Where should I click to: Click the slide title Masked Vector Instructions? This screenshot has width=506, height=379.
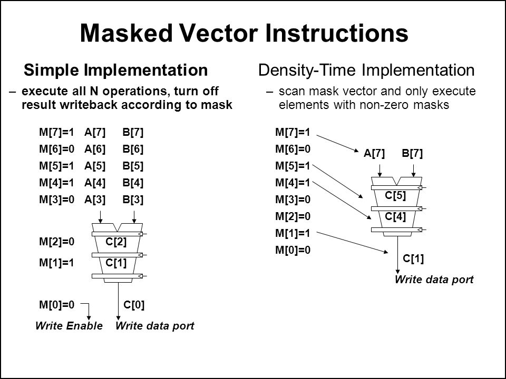[x=244, y=33]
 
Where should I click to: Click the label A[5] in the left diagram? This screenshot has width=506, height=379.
[x=95, y=166]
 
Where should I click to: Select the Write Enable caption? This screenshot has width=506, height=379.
[x=69, y=326]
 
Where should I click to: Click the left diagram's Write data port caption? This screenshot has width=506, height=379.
[x=155, y=326]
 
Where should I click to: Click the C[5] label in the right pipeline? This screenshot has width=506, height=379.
[x=395, y=196]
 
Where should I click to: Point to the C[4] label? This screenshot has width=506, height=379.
[x=395, y=216]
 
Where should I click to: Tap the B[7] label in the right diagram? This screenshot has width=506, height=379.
[x=412, y=154]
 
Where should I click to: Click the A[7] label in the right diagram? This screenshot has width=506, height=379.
[x=375, y=154]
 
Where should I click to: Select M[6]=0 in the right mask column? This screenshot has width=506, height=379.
[x=293, y=149]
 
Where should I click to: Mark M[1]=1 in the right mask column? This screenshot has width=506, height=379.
[x=293, y=233]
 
